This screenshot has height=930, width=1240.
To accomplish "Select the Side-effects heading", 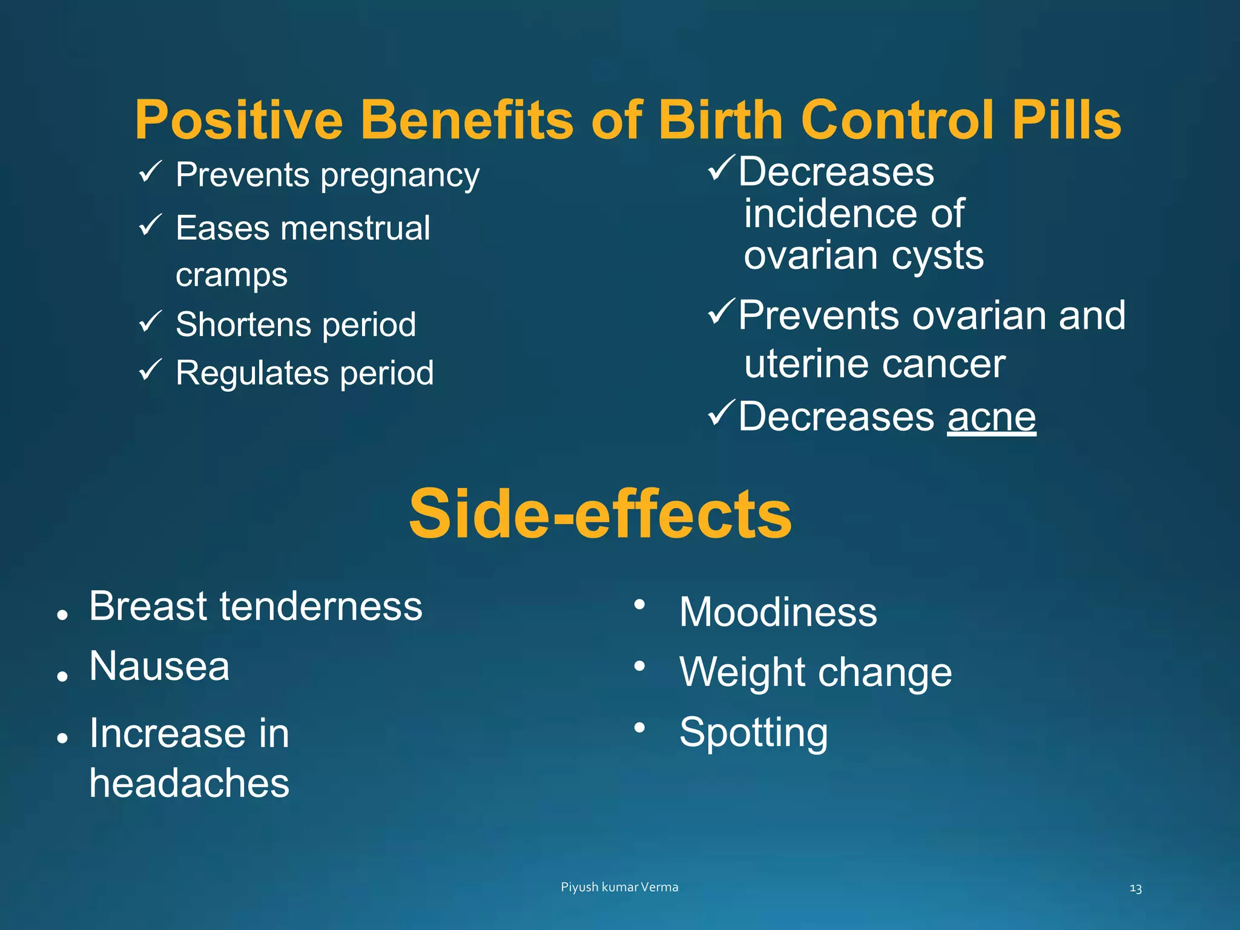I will pos(600,514).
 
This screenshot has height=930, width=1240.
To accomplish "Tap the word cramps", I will pos(231,276).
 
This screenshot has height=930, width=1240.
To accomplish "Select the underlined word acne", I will pos(991,417).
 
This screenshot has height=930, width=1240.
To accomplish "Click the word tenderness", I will pos(321,606).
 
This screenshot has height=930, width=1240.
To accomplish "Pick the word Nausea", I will pos(159,667).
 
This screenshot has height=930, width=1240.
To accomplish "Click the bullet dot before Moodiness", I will pos(639,605).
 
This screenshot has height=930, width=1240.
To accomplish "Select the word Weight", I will pos(737,673).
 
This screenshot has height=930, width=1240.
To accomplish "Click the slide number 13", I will pos(1135,889).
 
